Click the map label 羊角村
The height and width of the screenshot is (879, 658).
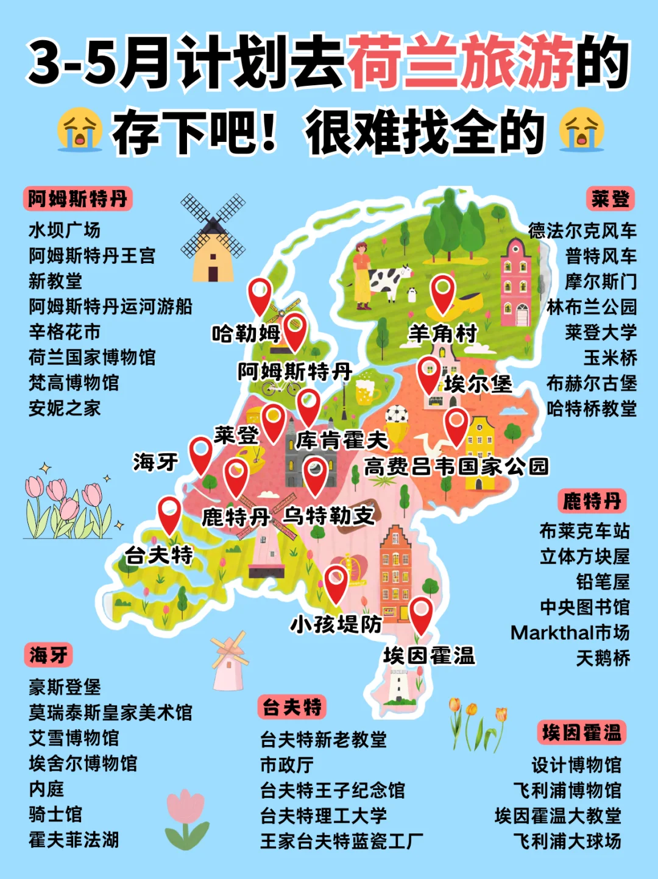(x=442, y=334)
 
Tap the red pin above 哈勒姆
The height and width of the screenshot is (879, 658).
(x=260, y=295)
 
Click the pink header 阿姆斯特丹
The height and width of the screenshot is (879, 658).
(x=78, y=199)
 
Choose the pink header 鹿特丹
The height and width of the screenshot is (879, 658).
(x=592, y=501)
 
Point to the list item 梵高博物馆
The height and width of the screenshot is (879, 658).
(x=74, y=383)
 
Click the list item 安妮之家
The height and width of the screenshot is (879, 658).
(x=65, y=408)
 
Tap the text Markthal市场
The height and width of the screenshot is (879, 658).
(x=570, y=632)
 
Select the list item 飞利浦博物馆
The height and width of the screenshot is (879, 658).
(x=567, y=790)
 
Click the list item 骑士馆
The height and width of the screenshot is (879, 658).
(x=55, y=814)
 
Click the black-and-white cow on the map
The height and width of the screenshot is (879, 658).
(x=387, y=281)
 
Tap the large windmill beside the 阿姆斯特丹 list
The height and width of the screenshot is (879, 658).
(x=213, y=238)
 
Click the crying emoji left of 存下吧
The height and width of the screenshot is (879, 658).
(x=79, y=130)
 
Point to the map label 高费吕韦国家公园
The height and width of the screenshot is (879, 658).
(x=456, y=467)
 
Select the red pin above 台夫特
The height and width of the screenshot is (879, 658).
(x=169, y=513)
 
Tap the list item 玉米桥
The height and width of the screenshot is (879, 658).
(x=610, y=358)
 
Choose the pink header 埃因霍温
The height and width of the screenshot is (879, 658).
(x=581, y=733)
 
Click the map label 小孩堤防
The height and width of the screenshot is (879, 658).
(x=336, y=624)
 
